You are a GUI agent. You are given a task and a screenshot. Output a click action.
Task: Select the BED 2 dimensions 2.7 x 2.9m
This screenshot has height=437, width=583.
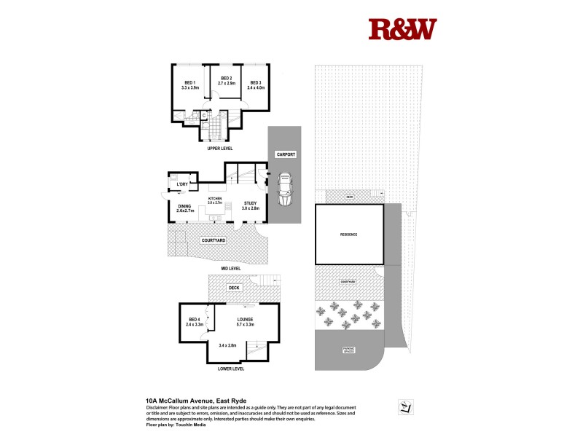coord(226,83)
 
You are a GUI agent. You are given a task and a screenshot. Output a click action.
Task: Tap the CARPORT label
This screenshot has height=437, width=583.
coord(284,155)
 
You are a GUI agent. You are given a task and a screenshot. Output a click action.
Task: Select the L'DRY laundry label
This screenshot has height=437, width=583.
coord(182,184)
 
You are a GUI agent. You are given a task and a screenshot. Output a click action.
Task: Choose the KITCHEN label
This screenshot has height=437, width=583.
coord(215,198)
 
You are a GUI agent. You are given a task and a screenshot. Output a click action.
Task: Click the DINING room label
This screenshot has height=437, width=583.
coord(184,205)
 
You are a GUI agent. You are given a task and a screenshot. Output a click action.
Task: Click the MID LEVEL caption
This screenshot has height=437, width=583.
coord(230,268)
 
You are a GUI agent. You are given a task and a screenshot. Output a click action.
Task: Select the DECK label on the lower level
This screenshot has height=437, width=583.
coord(234,288)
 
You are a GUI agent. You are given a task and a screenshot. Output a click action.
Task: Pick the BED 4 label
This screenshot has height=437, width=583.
coord(194,319)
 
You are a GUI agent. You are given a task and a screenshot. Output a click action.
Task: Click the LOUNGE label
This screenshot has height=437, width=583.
coord(245,319)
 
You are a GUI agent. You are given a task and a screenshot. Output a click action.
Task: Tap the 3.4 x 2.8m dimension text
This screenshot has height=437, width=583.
coord(229,345)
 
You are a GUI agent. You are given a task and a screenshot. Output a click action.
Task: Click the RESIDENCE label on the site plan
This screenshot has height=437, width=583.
coord(349,235)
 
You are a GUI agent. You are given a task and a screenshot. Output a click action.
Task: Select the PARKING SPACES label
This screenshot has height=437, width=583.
coord(349,350)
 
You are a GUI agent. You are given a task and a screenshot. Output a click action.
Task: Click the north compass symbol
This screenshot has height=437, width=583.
coord(402,406)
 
